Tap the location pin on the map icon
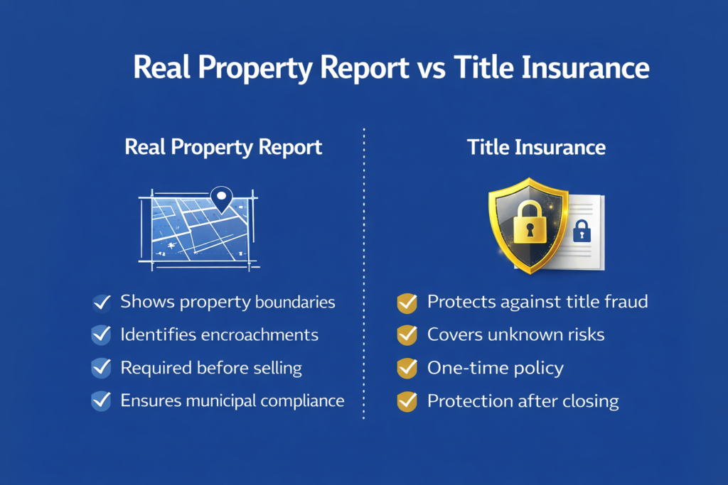click(x=222, y=199)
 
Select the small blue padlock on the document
click(x=582, y=231)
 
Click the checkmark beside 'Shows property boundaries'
click(x=101, y=303)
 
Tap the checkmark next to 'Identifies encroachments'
click(x=101, y=335)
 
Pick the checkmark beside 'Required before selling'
click(x=101, y=368)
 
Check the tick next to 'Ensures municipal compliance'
click(x=101, y=401)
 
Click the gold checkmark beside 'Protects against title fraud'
click(x=407, y=303)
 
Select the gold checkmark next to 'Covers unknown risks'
click(x=407, y=335)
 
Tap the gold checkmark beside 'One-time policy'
click(x=407, y=368)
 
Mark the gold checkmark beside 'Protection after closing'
click(x=407, y=401)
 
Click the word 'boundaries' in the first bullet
click(x=295, y=302)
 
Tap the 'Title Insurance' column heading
click(x=536, y=148)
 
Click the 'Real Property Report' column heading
click(x=223, y=148)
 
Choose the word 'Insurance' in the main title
click(x=585, y=67)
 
